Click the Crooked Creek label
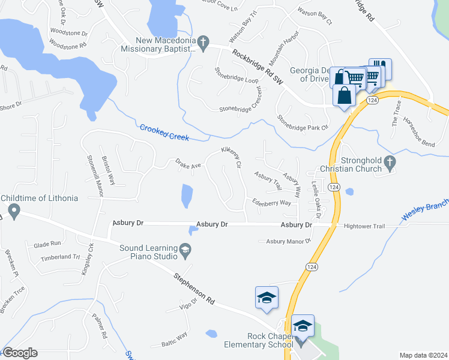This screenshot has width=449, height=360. (164, 133)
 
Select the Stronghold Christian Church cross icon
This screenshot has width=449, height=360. (390, 161)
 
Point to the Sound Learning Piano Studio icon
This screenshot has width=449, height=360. (185, 248)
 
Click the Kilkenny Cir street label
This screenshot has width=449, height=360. (231, 157)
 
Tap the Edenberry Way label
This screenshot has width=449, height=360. (271, 203)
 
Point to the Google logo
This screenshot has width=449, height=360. (20, 353)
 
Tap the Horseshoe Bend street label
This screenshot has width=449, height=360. (420, 132)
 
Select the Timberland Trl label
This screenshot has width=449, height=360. (60, 257)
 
